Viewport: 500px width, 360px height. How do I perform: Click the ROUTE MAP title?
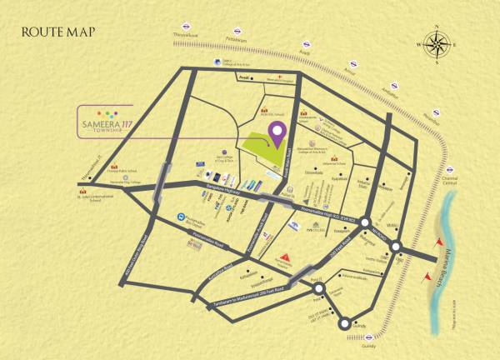pos(58,32)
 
